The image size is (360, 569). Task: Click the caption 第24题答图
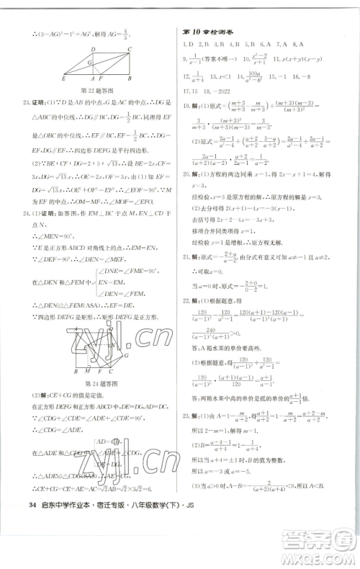pos(99,383)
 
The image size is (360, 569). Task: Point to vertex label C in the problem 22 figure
pos(130,49)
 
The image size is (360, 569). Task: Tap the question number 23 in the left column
pos(27,103)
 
